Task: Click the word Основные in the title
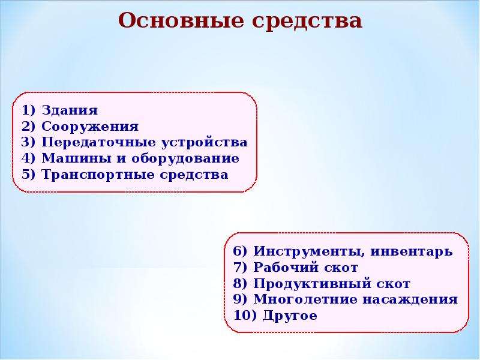[181, 20]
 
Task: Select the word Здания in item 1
[70, 110]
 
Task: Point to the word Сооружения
[90, 127]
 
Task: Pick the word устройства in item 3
[204, 143]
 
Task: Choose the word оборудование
[185, 159]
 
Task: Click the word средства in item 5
[194, 175]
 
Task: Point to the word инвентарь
[412, 251]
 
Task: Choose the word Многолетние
[305, 299]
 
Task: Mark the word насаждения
[410, 299]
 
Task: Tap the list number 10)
[245, 316]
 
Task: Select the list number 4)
[28, 158]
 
